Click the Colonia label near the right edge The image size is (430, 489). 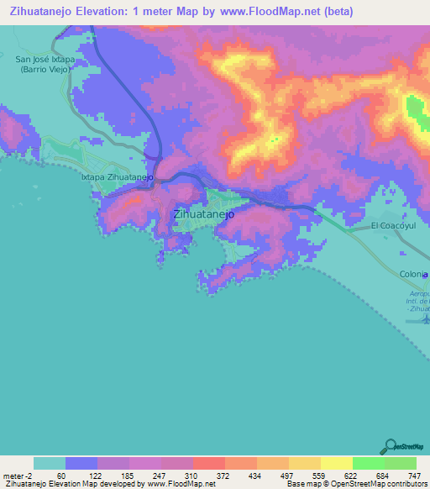pos(413,275)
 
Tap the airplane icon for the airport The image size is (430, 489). pos(424,318)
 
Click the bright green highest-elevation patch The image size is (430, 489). pos(415,109)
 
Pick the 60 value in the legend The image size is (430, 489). pos(60,476)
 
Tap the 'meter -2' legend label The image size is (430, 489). pos(17,476)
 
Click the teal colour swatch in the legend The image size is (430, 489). pos(49,464)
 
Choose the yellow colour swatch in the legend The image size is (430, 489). pos(336,464)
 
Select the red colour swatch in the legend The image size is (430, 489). pos(208,464)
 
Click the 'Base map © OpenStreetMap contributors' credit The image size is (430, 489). pos(356,484)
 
